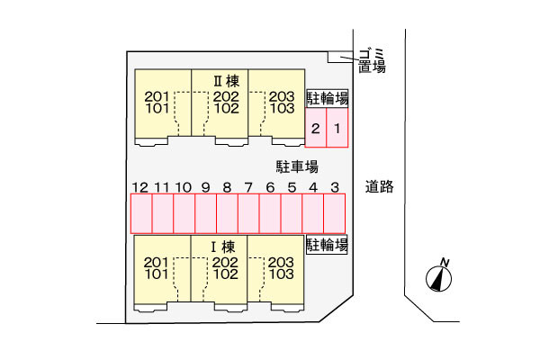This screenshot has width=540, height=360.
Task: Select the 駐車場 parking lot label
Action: [x=297, y=166]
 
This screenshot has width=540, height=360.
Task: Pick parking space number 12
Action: [x=141, y=214]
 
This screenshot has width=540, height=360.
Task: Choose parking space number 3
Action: [x=335, y=214]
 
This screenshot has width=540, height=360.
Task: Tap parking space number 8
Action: [x=227, y=214]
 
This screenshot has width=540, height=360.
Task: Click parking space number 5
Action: [x=292, y=214]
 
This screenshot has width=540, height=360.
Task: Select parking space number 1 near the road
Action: [x=337, y=130]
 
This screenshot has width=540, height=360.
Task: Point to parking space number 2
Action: [x=316, y=130]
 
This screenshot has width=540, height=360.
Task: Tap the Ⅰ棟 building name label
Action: [x=223, y=247]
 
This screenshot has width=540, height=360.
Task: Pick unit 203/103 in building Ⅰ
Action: [x=281, y=267]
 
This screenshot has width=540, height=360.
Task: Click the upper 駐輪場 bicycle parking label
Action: [x=328, y=98]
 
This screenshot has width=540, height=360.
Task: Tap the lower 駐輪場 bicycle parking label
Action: [x=328, y=244]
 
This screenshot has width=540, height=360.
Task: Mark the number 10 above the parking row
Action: [x=184, y=187]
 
